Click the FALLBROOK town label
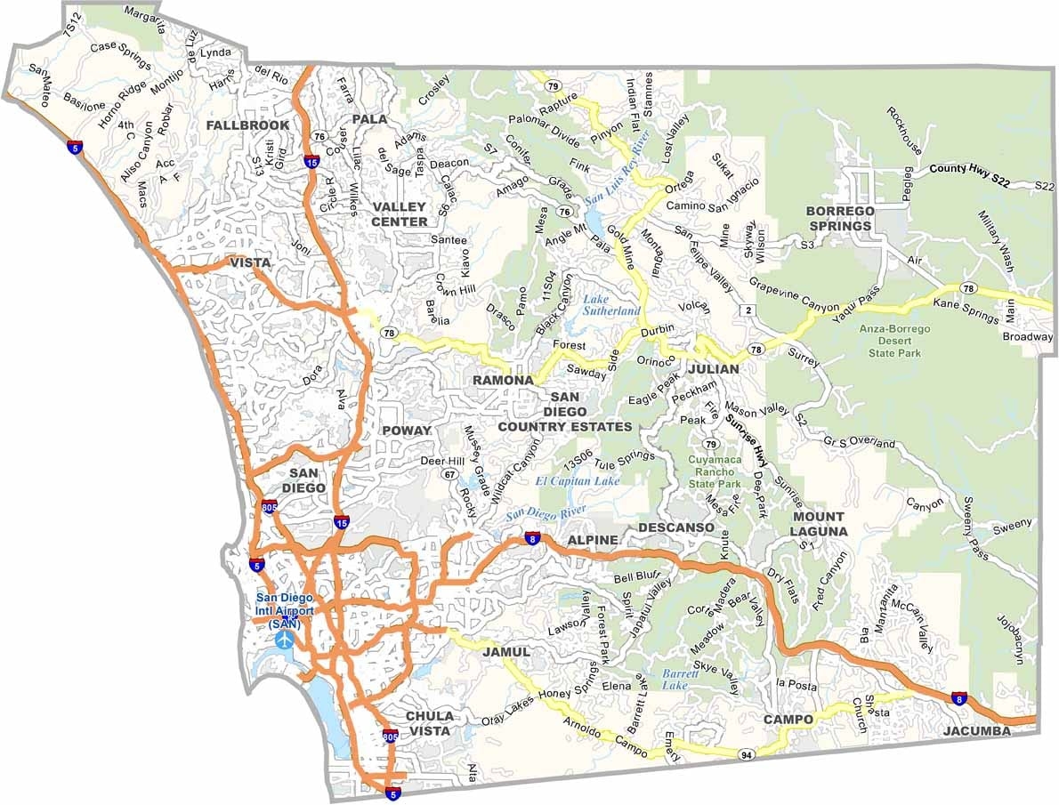click(x=247, y=125)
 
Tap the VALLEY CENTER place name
click(x=400, y=214)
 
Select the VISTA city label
click(x=250, y=262)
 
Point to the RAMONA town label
click(x=503, y=380)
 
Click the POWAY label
click(x=406, y=431)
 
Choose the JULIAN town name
click(x=713, y=368)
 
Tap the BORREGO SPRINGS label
click(x=839, y=218)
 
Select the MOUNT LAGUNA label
click(x=820, y=524)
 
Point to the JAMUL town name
click(x=506, y=652)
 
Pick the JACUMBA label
click(x=979, y=731)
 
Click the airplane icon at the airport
click(x=285, y=640)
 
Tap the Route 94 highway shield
click(x=745, y=754)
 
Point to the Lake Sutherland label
click(x=610, y=305)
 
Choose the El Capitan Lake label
click(x=578, y=481)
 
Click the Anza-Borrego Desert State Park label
click(x=894, y=341)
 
